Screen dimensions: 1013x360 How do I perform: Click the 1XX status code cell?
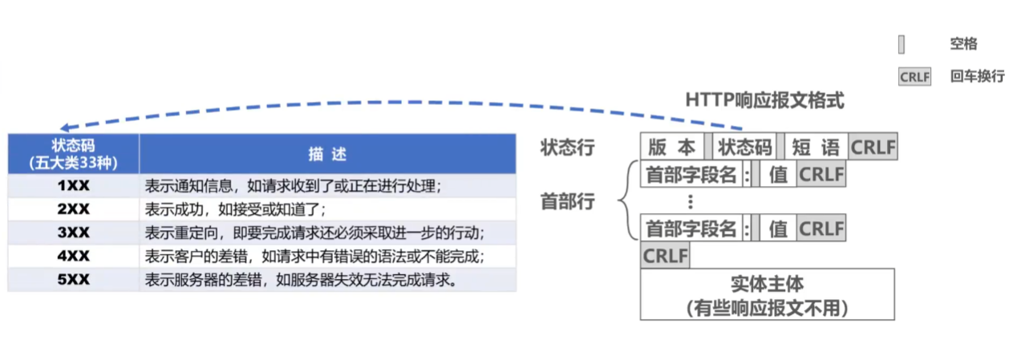tap(73, 185)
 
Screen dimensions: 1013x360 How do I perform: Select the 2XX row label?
tap(73, 209)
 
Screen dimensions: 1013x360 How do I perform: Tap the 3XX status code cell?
tap(73, 233)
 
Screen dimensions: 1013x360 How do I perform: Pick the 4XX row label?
tap(73, 256)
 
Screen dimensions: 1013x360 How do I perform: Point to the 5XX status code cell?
tap(73, 280)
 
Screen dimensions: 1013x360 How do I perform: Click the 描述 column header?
tap(327, 154)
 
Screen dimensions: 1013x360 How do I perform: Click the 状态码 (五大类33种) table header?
tap(73, 154)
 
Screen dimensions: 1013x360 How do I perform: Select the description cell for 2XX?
tap(327, 209)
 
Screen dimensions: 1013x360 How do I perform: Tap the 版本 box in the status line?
tap(672, 147)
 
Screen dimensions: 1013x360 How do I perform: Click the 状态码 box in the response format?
tap(744, 147)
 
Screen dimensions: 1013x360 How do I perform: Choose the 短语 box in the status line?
tap(816, 147)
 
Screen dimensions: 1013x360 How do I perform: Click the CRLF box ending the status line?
tap(873, 147)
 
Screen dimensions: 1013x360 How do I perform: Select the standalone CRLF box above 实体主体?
tap(665, 256)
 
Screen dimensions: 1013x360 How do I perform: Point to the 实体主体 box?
tap(767, 294)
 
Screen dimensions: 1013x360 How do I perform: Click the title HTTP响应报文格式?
tap(764, 100)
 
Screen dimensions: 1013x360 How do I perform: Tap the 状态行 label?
tap(568, 147)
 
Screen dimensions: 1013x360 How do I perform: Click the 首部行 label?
tap(568, 201)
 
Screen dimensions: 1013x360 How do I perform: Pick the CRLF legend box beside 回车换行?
tap(914, 77)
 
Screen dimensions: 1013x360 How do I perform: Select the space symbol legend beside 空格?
tap(902, 44)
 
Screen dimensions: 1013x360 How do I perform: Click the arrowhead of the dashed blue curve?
tap(65, 128)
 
